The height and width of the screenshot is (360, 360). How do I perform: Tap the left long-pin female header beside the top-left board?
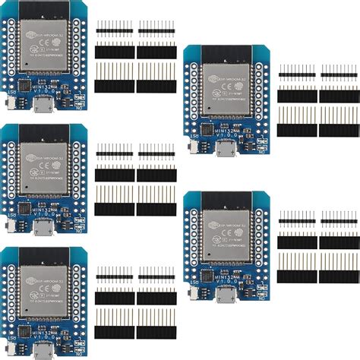[114, 77]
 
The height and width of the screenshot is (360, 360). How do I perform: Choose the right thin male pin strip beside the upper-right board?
[339, 74]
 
